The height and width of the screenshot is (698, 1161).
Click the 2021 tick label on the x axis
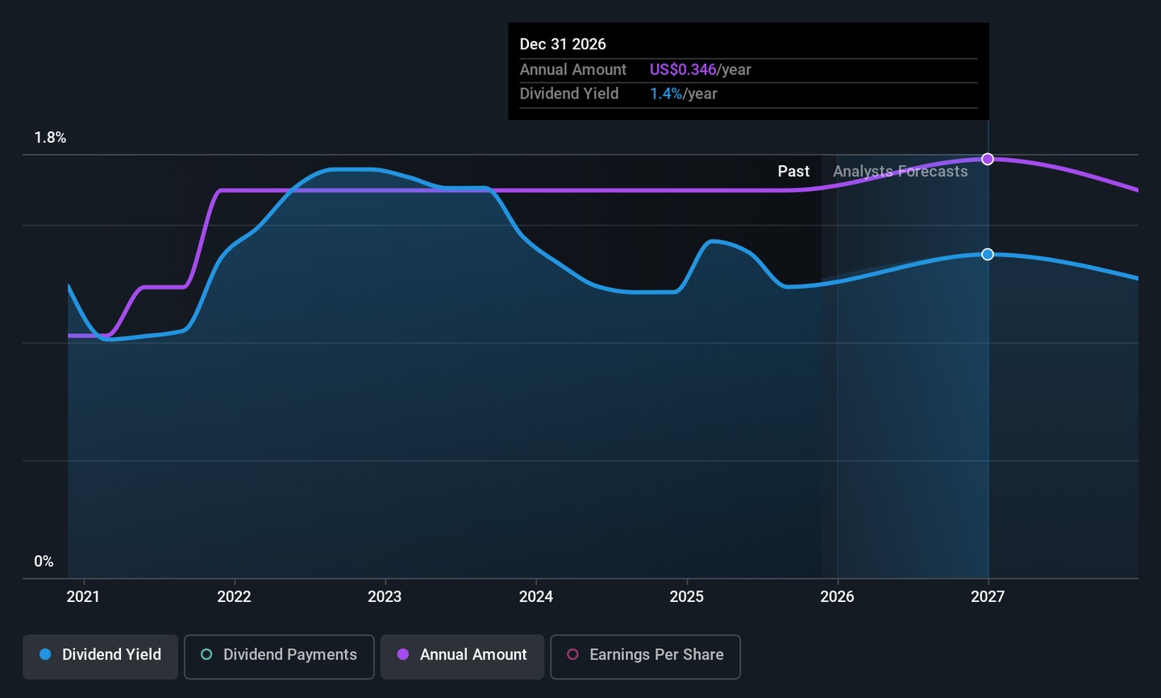83,596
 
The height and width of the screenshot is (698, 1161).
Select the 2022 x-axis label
234,596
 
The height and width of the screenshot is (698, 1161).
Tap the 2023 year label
385,596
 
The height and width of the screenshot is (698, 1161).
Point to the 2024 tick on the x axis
536,596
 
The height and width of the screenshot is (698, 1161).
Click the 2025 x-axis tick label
687,596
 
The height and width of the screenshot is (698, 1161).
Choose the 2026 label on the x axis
837,596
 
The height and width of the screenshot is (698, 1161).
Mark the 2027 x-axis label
988,596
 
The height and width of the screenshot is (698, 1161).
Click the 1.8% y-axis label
50,138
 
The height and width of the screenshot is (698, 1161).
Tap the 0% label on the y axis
44,562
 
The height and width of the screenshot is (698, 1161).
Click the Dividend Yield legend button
100,655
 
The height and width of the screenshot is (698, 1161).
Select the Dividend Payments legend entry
279,655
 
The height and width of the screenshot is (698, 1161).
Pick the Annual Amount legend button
462,655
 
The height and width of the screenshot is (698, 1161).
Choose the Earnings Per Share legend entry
645,655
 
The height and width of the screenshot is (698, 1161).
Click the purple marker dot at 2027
988,160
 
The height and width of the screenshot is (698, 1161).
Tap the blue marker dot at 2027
988,255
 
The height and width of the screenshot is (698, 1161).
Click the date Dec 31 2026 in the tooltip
563,44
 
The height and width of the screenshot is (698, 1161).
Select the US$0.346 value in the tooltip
682,70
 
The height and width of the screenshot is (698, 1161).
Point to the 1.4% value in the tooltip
666,94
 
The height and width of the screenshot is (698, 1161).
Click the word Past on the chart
793,172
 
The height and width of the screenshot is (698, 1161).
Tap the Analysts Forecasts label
900,172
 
